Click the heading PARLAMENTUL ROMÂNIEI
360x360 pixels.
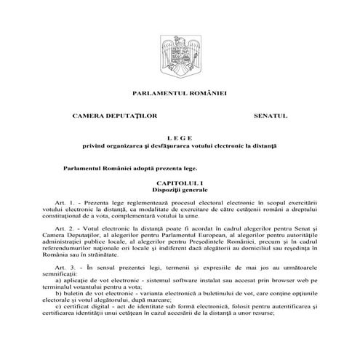point(180,93)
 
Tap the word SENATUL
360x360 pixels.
point(271,116)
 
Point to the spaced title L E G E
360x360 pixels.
point(180,138)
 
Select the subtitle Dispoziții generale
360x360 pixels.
point(180,189)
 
